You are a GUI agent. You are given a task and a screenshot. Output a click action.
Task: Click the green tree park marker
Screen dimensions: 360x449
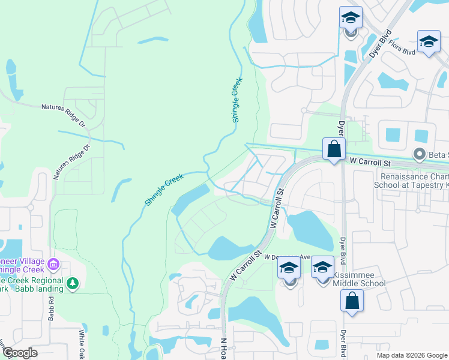[72, 283]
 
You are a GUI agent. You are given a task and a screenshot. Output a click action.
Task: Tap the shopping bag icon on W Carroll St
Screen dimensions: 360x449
[333, 149]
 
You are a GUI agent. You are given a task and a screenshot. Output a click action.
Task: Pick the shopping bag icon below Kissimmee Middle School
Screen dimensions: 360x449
[352, 301]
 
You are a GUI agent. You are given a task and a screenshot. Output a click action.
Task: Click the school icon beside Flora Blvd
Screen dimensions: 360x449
[428, 41]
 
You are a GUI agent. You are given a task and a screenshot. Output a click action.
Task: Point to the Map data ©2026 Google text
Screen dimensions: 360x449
[412, 355]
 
